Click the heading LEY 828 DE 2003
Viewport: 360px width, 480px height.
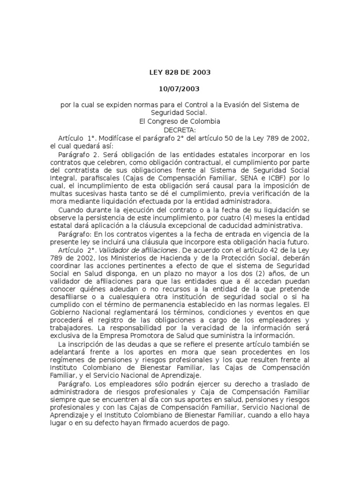(180, 73)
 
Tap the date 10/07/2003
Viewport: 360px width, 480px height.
(180, 89)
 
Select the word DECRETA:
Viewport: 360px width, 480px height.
(180, 129)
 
